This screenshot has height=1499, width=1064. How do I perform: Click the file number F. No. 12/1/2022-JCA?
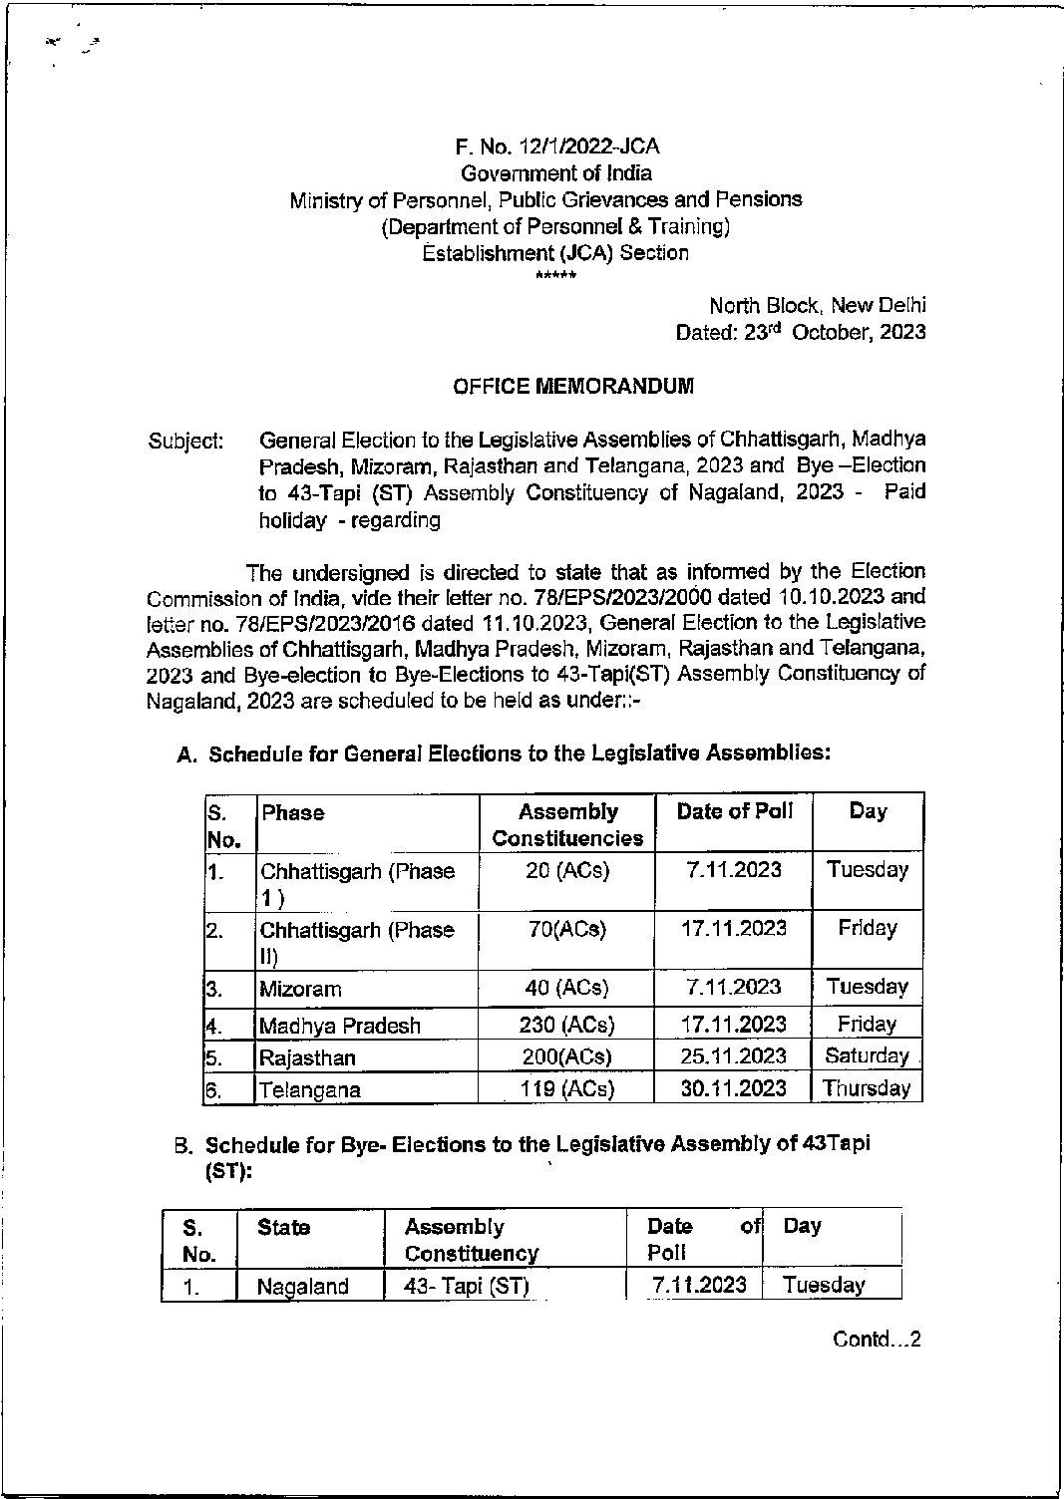click(x=556, y=148)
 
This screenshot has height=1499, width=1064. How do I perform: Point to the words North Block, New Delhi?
click(x=817, y=306)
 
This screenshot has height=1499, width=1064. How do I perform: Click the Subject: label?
click(x=185, y=440)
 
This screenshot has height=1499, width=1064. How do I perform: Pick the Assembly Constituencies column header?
click(x=567, y=825)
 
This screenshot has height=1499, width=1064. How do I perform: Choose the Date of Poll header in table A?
click(x=734, y=812)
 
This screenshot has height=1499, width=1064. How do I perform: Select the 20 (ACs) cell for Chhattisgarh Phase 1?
click(x=567, y=870)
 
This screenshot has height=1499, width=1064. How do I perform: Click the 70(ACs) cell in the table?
click(x=567, y=929)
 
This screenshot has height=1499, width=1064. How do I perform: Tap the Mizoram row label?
click(x=300, y=989)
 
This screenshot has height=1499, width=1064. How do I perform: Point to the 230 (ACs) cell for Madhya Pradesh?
click(x=567, y=1025)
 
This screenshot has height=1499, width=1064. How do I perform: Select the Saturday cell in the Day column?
click(x=867, y=1056)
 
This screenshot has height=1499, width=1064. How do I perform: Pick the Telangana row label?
click(x=309, y=1089)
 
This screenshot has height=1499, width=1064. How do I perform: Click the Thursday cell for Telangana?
click(x=867, y=1088)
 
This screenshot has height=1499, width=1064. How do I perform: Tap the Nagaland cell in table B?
click(x=303, y=1287)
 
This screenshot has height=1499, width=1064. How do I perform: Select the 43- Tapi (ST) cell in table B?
click(x=466, y=1286)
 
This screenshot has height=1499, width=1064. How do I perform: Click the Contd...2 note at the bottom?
click(x=877, y=1339)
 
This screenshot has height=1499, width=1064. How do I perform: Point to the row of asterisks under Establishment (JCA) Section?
click(x=555, y=275)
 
